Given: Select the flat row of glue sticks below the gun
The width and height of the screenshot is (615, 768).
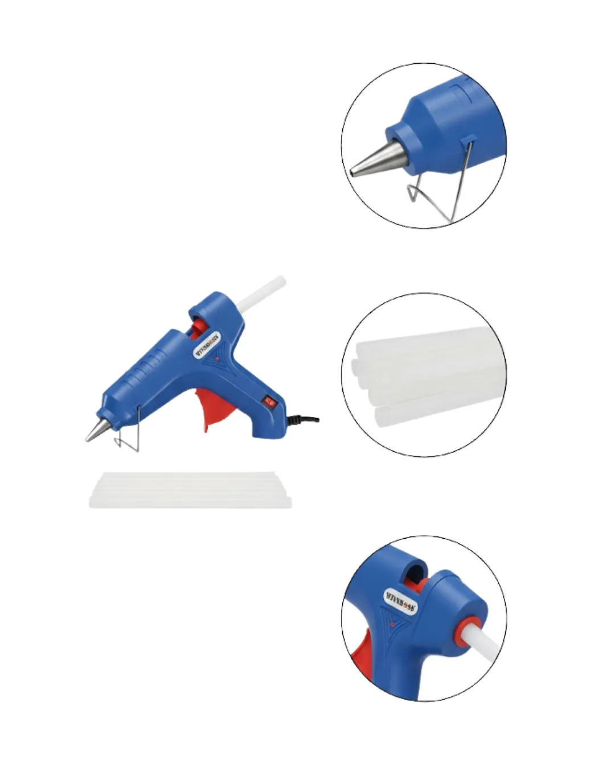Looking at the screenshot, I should pyautogui.click(x=190, y=490).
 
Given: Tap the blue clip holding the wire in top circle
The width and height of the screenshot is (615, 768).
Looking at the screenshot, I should pyautogui.click(x=468, y=138).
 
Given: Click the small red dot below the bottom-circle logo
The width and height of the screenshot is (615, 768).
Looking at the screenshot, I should pyautogui.click(x=392, y=624).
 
